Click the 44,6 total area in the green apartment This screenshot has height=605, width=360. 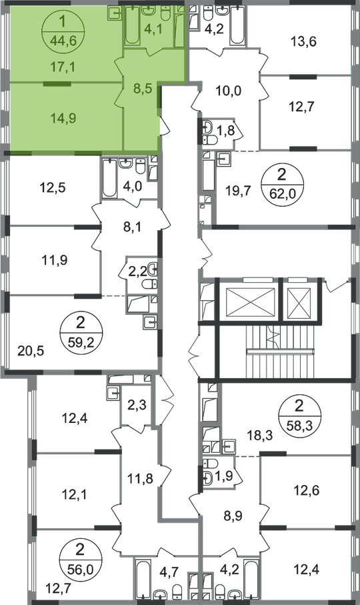click(x=63, y=40)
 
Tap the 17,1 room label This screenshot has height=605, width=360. click(x=63, y=67)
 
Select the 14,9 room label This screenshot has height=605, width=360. click(x=63, y=118)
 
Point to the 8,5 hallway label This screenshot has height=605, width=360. click(x=141, y=88)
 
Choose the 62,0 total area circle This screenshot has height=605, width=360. click(x=282, y=183)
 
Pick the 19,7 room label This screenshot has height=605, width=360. click(x=239, y=190)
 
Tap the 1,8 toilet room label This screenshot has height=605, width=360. click(x=226, y=130)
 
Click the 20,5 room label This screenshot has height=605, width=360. click(x=31, y=351)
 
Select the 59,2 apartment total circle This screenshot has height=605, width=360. click(x=81, y=331)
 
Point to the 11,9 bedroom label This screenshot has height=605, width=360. click(x=55, y=260)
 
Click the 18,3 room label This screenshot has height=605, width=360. click(x=260, y=436)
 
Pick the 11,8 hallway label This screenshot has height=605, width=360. click(x=140, y=479)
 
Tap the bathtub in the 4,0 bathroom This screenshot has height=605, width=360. click(x=109, y=177)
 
